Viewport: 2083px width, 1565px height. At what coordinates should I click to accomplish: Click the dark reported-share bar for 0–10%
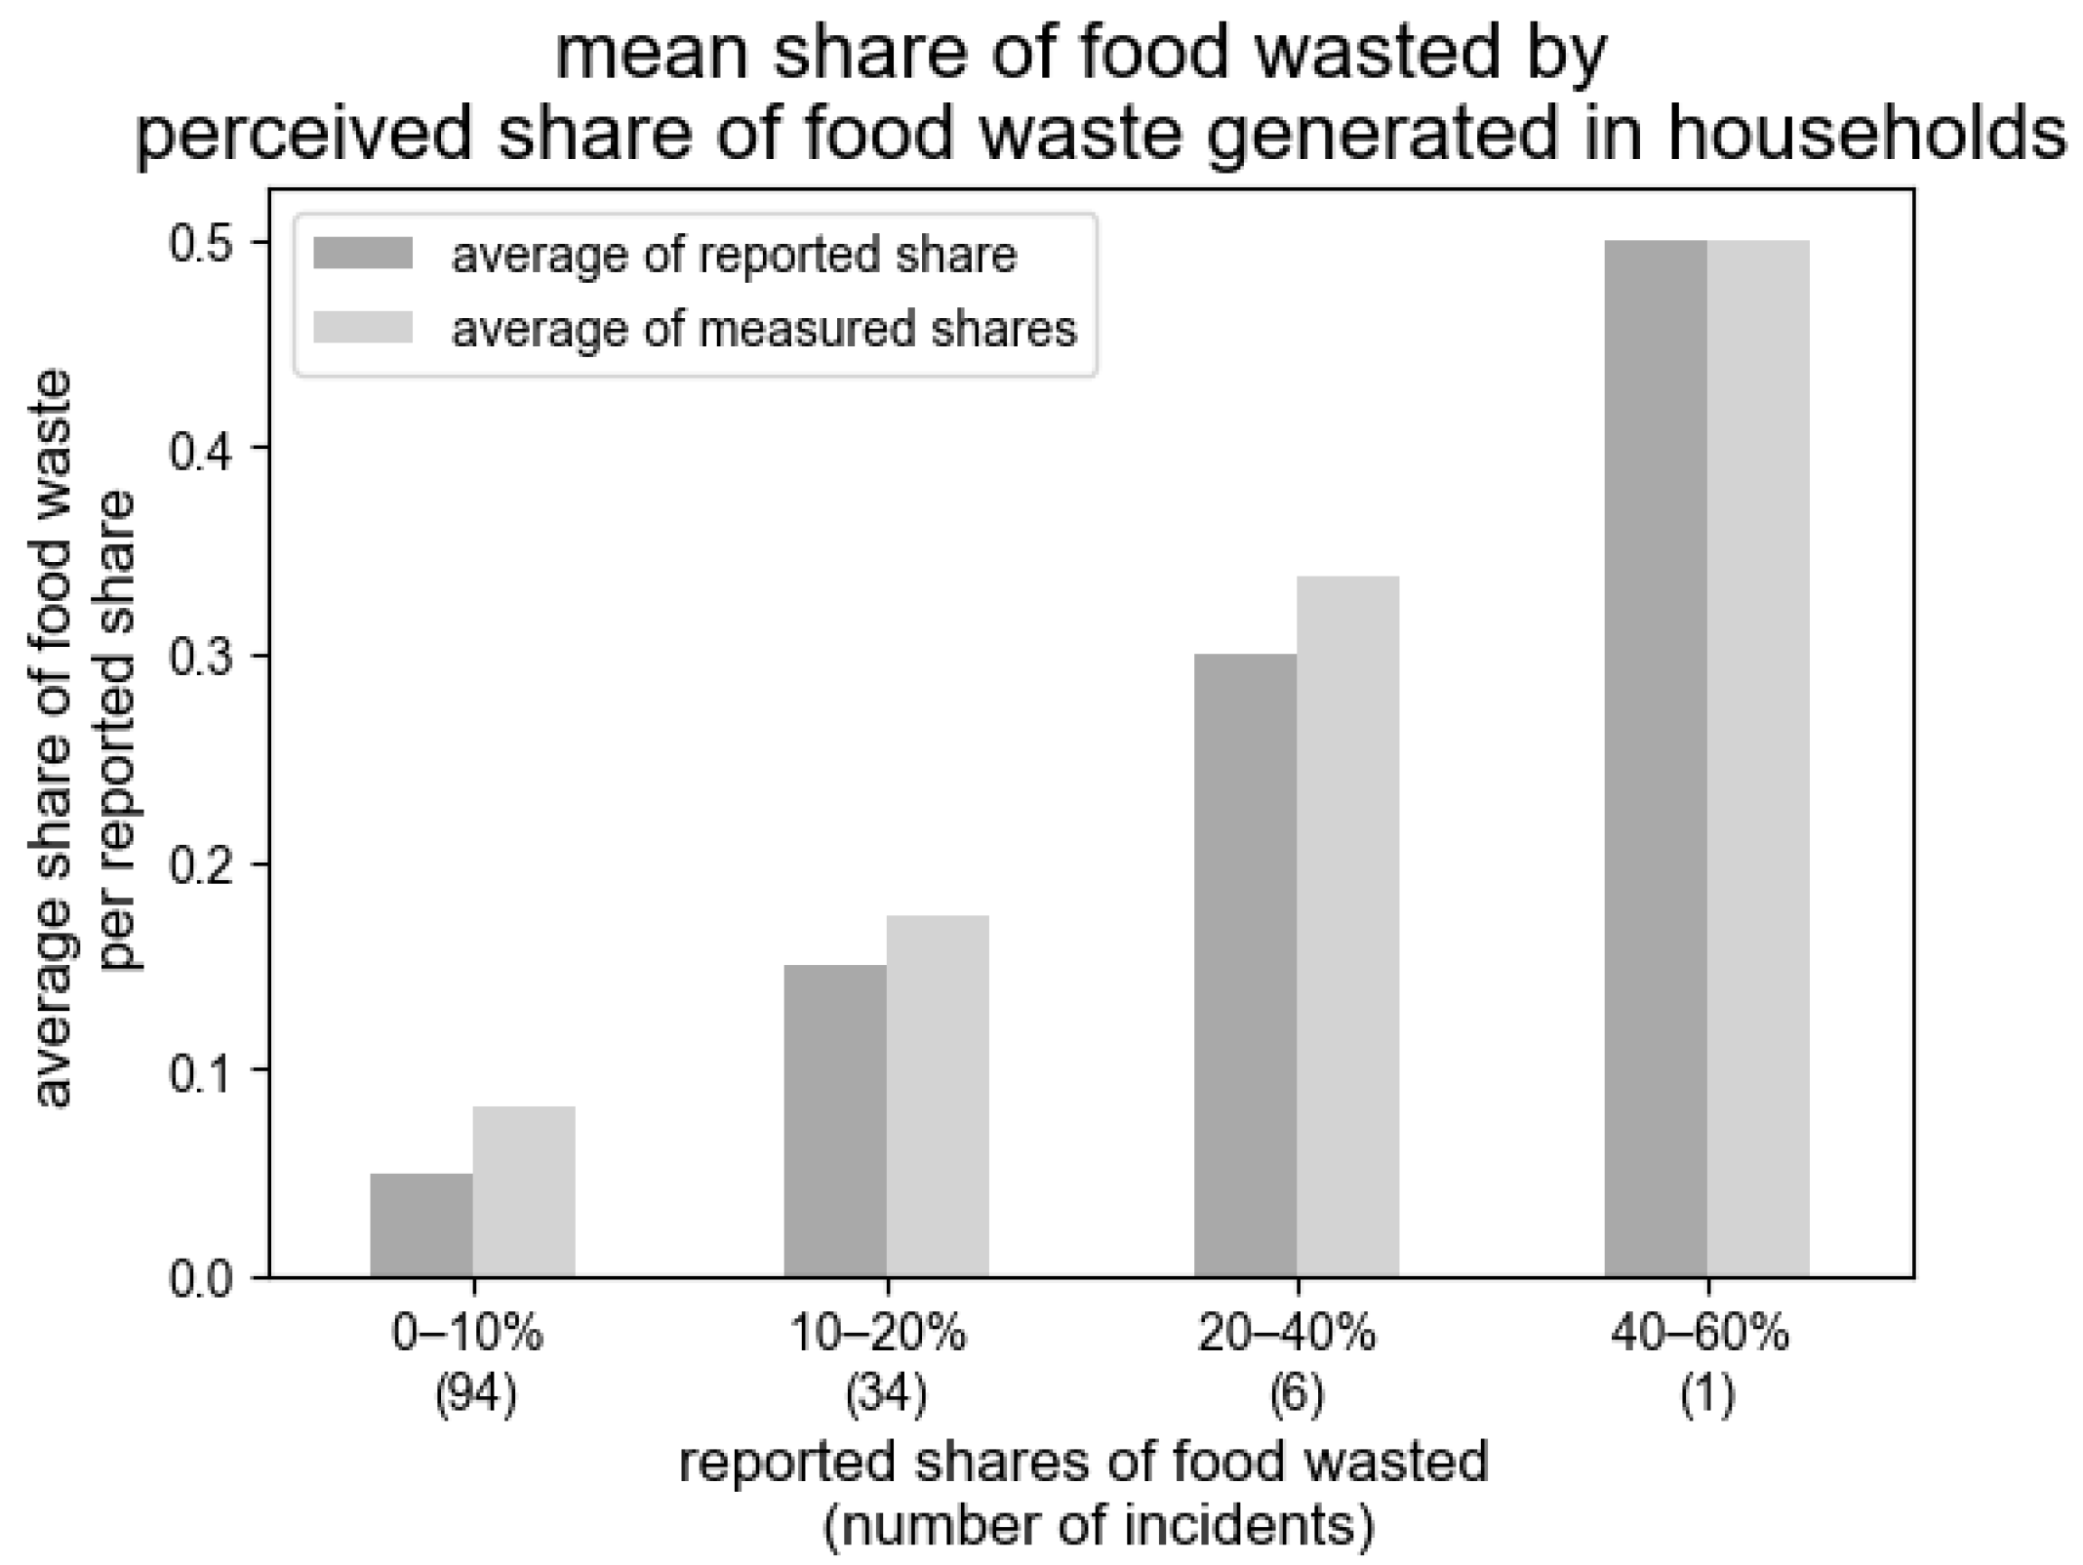[421, 1224]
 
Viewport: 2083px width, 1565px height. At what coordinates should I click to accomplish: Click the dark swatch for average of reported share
[363, 254]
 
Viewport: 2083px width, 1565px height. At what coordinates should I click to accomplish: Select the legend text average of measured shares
[763, 329]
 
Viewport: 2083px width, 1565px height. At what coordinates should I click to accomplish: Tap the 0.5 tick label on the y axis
[201, 242]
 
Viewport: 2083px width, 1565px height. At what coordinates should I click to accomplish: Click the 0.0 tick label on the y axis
[201, 1278]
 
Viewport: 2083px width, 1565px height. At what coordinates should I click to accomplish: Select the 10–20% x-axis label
[885, 1334]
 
